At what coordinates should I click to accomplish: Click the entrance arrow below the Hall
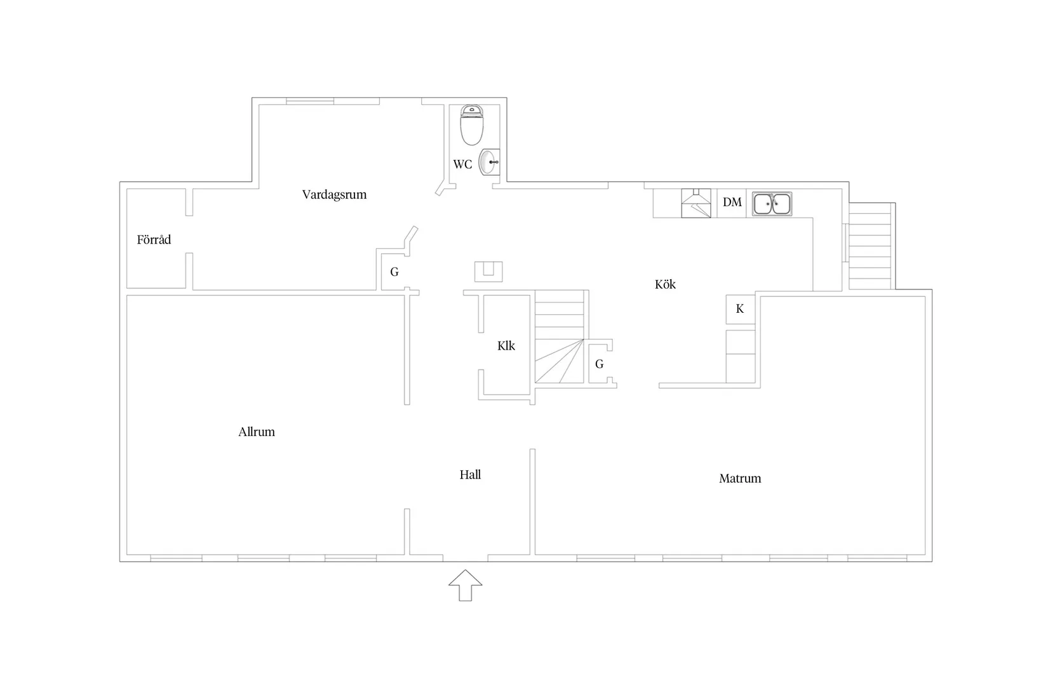pyautogui.click(x=465, y=585)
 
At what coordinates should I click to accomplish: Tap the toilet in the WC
pyautogui.click(x=471, y=126)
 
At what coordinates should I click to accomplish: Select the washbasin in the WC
pyautogui.click(x=490, y=162)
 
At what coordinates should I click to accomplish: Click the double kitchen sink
pyautogui.click(x=772, y=204)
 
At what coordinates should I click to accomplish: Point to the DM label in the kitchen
pyautogui.click(x=732, y=202)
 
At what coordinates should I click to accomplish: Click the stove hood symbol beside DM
pyautogui.click(x=696, y=203)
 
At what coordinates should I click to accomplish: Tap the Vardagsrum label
pyautogui.click(x=334, y=195)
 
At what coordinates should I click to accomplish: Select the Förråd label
pyautogui.click(x=154, y=240)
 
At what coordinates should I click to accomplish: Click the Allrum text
pyautogui.click(x=257, y=432)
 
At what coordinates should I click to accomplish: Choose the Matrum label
pyautogui.click(x=739, y=478)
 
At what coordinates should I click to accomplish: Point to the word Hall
pyautogui.click(x=470, y=475)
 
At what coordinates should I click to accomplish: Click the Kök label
pyautogui.click(x=665, y=285)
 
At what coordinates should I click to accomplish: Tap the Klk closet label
pyautogui.click(x=506, y=346)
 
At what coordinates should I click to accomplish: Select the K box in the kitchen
pyautogui.click(x=740, y=309)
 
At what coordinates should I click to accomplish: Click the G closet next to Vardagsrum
pyautogui.click(x=394, y=272)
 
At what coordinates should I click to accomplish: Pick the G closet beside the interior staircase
pyautogui.click(x=599, y=364)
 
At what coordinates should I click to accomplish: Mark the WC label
pyautogui.click(x=462, y=164)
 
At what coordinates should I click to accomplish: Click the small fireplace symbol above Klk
pyautogui.click(x=488, y=271)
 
